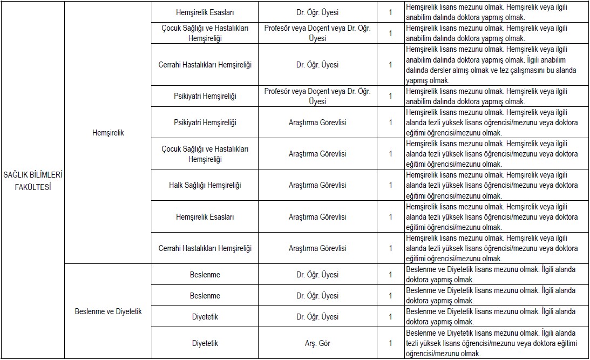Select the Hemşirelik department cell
108,133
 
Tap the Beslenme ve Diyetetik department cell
108,311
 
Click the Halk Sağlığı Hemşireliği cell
205,185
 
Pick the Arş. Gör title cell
317,343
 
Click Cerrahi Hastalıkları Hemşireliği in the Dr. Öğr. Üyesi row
205,65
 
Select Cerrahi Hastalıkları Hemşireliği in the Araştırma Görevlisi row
205,248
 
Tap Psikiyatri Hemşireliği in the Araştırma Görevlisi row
205,123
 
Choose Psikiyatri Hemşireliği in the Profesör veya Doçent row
205,96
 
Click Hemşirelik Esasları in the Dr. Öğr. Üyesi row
205,12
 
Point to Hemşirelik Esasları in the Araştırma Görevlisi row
205,217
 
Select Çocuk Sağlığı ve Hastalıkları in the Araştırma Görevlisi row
205,154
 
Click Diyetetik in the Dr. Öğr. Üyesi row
205,317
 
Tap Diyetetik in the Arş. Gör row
205,343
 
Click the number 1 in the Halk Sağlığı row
390,185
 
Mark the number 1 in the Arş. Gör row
390,343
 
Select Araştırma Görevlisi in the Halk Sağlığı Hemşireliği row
317,185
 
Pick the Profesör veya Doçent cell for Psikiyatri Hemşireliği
317,96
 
